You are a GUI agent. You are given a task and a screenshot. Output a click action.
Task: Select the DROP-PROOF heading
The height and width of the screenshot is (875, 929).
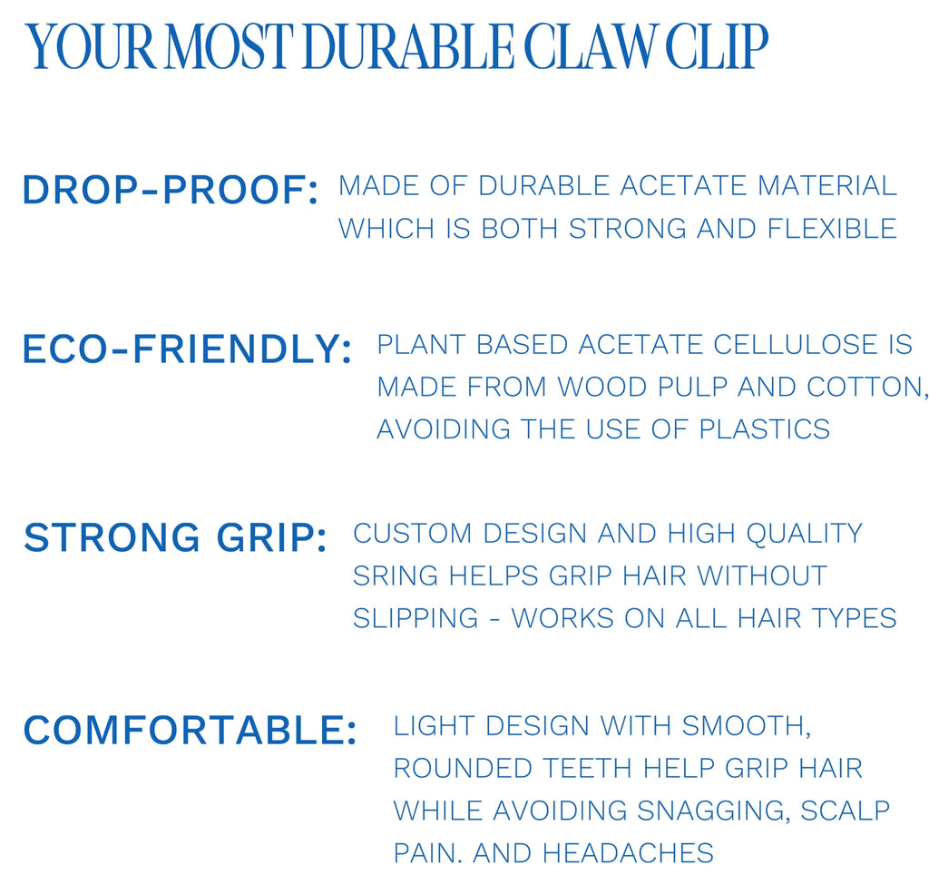point(171,191)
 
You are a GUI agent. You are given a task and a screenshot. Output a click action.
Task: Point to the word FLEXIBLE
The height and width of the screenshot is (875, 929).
point(832,229)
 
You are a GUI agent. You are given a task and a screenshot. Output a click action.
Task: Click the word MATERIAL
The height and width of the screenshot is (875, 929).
point(827,185)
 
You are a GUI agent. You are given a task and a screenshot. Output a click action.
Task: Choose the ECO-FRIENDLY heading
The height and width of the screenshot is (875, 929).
point(187,349)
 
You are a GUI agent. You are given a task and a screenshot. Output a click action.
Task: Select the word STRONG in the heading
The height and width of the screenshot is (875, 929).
point(112,537)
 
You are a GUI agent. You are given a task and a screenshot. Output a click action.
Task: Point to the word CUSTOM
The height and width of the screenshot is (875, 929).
point(412,534)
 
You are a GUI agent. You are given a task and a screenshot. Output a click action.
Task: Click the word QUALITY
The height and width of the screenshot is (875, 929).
point(804,534)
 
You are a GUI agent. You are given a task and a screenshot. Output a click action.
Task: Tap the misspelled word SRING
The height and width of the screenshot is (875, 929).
point(396,575)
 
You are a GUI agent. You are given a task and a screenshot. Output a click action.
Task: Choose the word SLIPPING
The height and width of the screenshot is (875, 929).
point(416,618)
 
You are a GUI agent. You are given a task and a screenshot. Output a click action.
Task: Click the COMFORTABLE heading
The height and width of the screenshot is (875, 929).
point(191,730)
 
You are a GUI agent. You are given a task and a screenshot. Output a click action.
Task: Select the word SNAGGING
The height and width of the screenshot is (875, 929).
point(714,811)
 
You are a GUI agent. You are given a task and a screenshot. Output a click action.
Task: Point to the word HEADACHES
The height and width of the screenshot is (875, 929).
point(628,853)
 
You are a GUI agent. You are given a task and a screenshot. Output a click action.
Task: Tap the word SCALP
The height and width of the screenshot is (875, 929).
point(846,811)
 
